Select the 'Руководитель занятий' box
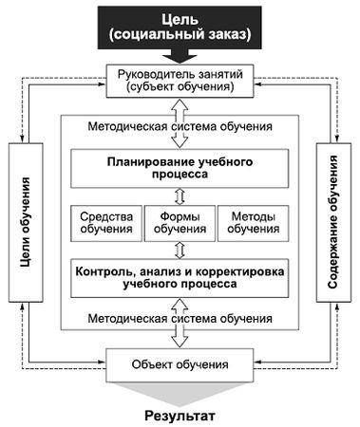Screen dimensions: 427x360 click(180, 80)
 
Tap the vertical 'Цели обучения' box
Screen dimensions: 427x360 click(24, 221)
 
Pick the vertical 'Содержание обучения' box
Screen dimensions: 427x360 click(333, 221)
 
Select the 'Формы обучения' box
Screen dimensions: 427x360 click(180, 223)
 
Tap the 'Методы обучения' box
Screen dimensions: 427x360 click(253, 223)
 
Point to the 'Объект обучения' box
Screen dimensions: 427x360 click(180, 364)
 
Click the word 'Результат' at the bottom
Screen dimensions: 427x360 click(180, 415)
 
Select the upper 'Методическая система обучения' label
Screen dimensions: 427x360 click(180, 125)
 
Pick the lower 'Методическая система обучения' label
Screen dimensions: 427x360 click(180, 320)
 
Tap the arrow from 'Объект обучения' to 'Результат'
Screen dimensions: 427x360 click(180, 391)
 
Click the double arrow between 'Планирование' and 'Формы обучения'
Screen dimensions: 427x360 click(180, 196)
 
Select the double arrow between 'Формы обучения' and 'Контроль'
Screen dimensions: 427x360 click(180, 249)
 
